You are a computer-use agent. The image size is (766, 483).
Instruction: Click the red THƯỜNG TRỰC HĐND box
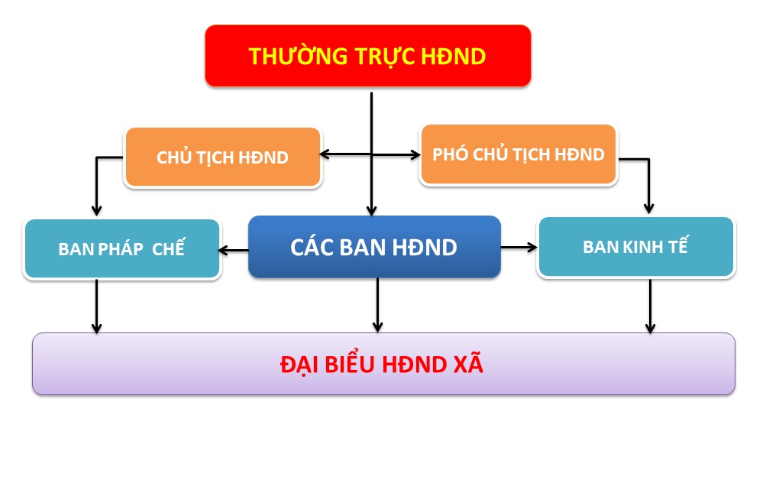(368, 56)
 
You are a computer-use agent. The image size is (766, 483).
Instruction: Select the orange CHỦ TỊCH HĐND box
(223, 157)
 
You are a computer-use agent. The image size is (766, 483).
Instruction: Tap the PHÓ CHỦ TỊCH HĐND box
(519, 154)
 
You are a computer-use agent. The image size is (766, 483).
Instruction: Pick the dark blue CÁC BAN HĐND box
(374, 247)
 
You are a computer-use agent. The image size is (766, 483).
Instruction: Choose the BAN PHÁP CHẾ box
(122, 249)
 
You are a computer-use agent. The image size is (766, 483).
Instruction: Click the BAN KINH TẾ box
(635, 247)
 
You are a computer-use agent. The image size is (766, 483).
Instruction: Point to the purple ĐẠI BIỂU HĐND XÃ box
(383, 364)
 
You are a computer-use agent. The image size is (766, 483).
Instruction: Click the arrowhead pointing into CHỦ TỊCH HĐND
(325, 154)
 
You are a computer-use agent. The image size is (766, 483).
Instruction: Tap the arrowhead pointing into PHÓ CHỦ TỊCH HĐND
(415, 155)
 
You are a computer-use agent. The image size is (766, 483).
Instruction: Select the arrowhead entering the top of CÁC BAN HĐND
(371, 210)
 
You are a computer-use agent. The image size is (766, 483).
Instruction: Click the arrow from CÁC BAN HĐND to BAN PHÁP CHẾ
(234, 251)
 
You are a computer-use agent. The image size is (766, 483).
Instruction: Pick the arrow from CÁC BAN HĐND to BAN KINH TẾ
(519, 248)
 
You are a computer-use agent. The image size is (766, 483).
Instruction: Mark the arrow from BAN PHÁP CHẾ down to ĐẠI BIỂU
(97, 306)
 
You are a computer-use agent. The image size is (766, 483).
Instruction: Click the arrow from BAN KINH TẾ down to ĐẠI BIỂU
(650, 306)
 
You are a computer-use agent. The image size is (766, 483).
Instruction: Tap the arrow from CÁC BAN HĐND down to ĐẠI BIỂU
(377, 306)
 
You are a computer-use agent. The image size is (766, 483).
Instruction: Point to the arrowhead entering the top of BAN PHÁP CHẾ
(97, 210)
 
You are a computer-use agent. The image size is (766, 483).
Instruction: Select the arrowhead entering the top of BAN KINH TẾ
(648, 209)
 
